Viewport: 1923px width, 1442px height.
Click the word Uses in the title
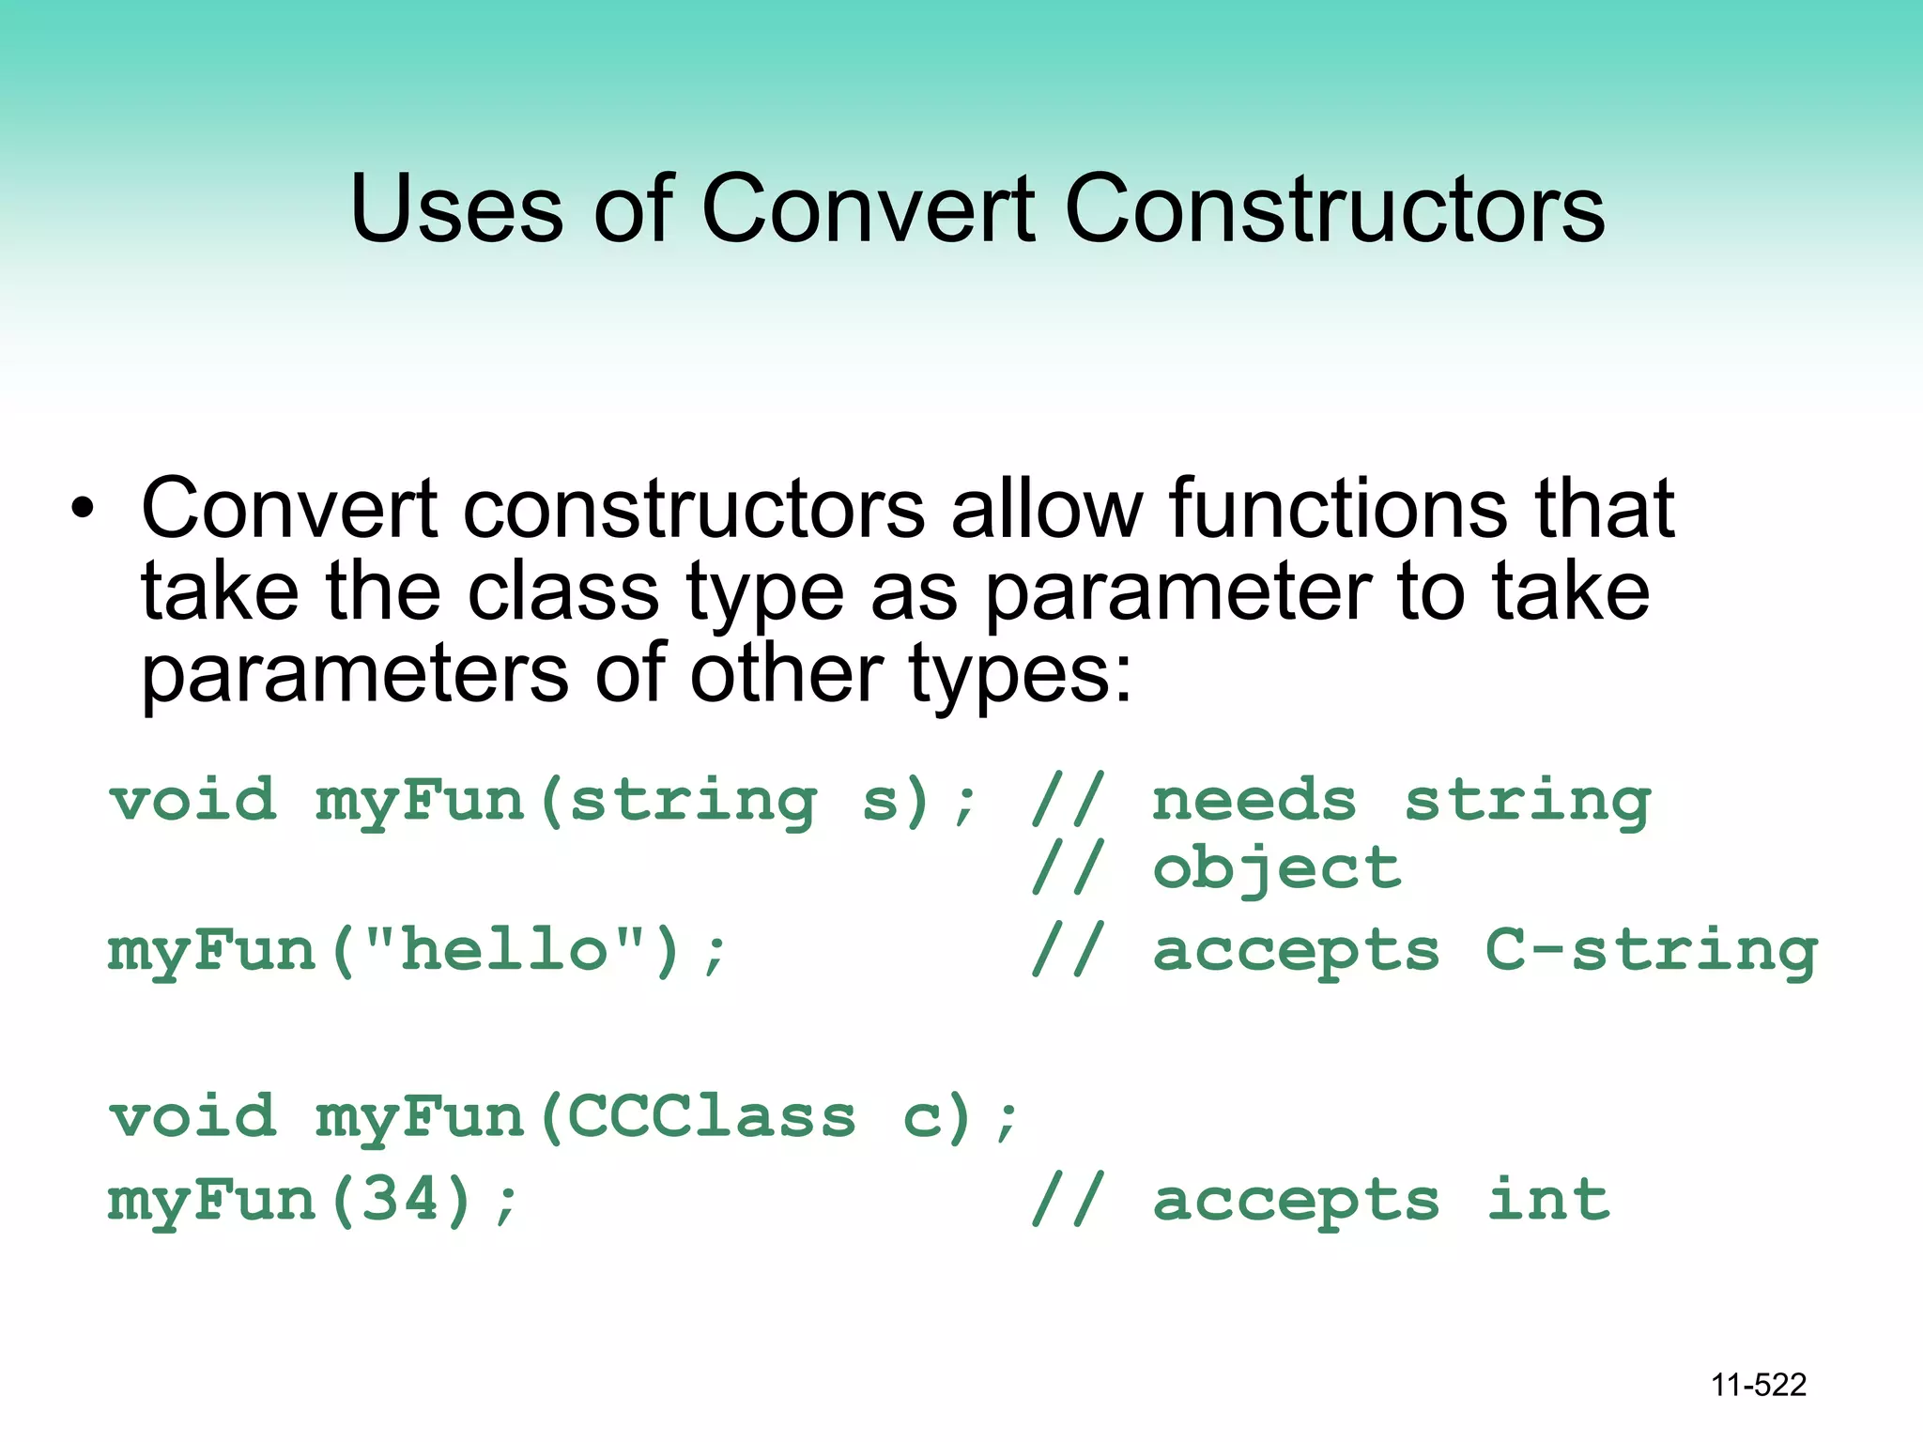(456, 208)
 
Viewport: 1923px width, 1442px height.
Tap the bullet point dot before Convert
(83, 509)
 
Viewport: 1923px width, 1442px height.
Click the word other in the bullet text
(786, 674)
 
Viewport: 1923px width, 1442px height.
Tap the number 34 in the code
(402, 1200)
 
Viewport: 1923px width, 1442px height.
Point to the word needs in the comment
(1254, 801)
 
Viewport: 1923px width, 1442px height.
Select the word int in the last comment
(1548, 1200)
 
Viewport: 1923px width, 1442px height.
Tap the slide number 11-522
(1758, 1385)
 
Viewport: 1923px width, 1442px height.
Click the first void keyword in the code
(193, 801)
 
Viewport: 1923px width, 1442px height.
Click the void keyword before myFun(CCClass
(193, 1117)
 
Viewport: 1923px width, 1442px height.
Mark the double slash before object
(1068, 868)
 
